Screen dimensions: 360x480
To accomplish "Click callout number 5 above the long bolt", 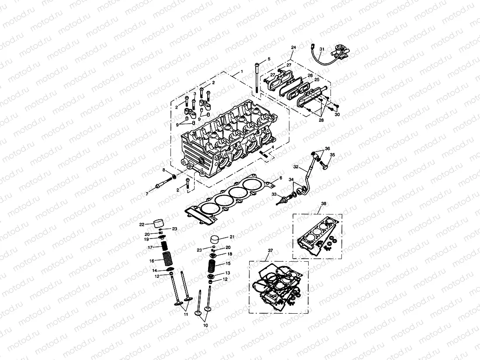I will (x=269, y=59).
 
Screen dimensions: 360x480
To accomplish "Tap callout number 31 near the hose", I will (x=321, y=49).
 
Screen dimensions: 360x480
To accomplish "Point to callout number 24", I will (x=293, y=47).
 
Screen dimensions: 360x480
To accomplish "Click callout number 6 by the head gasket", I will (x=275, y=178).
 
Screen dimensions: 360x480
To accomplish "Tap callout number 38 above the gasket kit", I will (x=323, y=204).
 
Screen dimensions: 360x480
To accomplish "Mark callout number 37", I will (x=270, y=250).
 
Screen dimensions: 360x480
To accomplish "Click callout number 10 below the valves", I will (x=205, y=326).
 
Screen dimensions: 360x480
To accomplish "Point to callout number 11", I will (x=185, y=315).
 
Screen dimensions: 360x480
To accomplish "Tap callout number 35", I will (x=332, y=155).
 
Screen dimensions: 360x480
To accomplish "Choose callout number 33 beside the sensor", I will (x=274, y=194).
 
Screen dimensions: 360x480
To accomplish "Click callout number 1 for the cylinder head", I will (x=241, y=71).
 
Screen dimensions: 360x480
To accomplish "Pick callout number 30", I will (x=337, y=114).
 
